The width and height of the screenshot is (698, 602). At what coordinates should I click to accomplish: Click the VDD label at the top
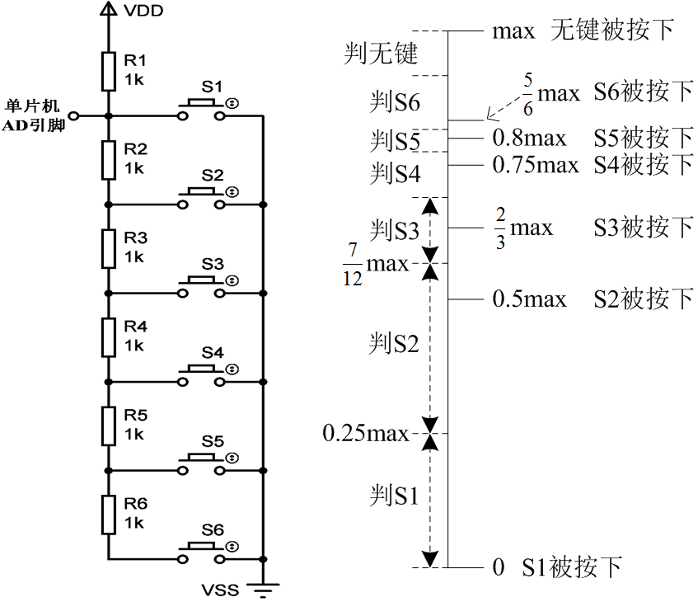[x=143, y=11]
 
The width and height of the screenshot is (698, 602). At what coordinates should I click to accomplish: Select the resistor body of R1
[x=108, y=71]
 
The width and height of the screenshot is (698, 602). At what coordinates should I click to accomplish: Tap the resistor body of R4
[x=108, y=336]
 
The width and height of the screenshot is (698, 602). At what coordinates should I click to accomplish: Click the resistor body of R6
[x=108, y=514]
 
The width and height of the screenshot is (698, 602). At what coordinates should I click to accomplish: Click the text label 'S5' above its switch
[x=212, y=441]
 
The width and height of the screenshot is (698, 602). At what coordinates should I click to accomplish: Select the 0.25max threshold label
[x=365, y=433]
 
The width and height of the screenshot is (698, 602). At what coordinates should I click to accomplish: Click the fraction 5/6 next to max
[x=527, y=94]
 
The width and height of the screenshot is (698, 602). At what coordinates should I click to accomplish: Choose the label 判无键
[x=381, y=55]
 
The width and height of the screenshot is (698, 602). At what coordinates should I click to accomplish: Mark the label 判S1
[x=394, y=496]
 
